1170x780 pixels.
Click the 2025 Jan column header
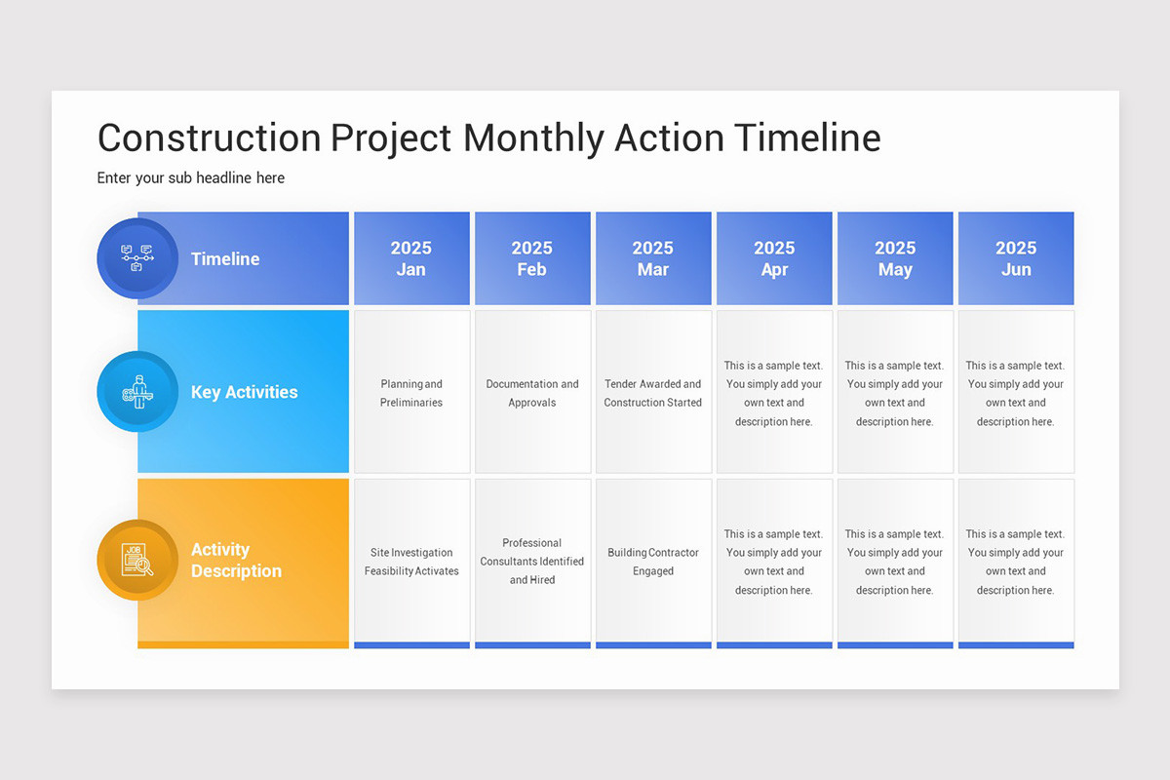(x=410, y=258)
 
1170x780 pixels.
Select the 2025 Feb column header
(x=531, y=258)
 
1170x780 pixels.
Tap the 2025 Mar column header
(x=652, y=258)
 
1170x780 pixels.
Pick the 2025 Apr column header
(x=774, y=258)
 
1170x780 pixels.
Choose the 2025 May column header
(x=895, y=258)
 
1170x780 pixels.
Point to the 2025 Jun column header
(x=1016, y=258)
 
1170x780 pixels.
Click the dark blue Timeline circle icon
(x=137, y=258)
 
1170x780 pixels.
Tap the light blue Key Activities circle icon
(x=137, y=392)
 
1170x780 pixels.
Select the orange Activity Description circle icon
(x=137, y=560)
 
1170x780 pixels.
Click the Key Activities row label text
(x=244, y=392)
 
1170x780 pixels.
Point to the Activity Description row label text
(x=236, y=561)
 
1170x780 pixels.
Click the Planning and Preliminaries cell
(x=410, y=393)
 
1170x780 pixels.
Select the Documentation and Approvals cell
(x=531, y=393)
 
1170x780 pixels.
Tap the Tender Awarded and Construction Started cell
(x=652, y=393)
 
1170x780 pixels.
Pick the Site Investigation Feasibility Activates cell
(x=410, y=562)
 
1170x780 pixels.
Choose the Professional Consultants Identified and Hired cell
(x=531, y=562)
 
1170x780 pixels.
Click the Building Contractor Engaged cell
(x=652, y=562)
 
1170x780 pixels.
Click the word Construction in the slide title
(x=209, y=138)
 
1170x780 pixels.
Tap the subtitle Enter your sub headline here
(x=191, y=177)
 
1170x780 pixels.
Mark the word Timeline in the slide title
(x=807, y=138)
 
